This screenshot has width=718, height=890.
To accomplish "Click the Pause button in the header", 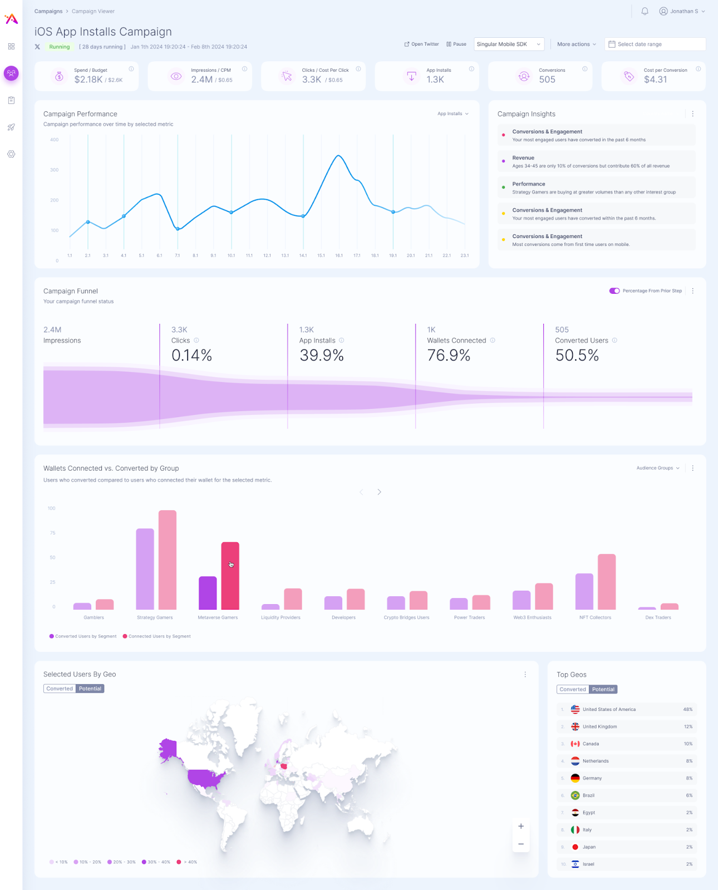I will (456, 44).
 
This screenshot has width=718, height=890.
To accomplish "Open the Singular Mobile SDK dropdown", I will (509, 44).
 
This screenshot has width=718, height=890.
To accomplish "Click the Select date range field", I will (655, 44).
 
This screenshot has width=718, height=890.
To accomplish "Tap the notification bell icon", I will (645, 11).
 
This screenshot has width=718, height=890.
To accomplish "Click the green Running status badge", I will (60, 47).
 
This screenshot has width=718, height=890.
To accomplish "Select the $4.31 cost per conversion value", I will (655, 80).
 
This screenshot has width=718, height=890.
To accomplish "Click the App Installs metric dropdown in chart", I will (453, 113).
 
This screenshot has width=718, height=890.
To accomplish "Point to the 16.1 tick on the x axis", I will (339, 255).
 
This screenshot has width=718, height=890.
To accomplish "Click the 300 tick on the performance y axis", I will (55, 170).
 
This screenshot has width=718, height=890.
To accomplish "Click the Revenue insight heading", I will (523, 158).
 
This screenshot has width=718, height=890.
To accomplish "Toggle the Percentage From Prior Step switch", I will (614, 290).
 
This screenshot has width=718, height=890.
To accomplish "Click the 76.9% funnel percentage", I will (449, 355).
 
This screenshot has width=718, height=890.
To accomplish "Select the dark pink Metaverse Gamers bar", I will (230, 576).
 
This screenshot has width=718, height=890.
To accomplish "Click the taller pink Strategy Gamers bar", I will (168, 559).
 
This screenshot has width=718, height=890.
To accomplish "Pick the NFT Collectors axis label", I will (595, 617).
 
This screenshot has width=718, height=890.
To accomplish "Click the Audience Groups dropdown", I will (658, 468).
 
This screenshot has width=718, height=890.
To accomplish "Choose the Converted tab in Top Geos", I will (573, 689).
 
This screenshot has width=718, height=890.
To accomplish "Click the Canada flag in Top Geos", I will (575, 744).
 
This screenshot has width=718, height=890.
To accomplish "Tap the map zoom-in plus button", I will (521, 826).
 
